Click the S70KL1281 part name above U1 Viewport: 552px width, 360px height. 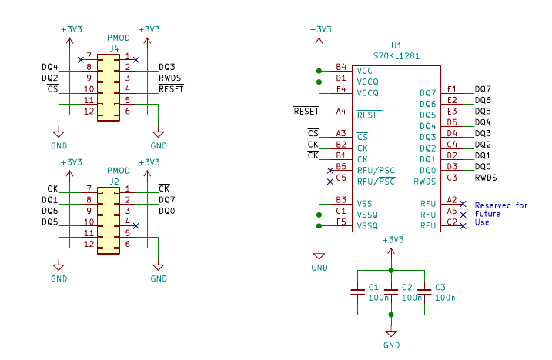point(396,56)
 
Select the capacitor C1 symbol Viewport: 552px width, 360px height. point(358,292)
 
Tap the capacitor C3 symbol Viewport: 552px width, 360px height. point(424,292)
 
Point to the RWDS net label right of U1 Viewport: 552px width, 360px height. point(486,178)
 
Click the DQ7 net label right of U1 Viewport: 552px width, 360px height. point(483,90)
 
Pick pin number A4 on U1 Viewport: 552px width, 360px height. point(341,112)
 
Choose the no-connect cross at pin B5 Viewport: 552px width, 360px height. point(330,170)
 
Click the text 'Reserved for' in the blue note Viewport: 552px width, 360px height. point(501,205)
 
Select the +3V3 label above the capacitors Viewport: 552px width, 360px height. point(391,240)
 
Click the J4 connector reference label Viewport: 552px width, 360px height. point(114,48)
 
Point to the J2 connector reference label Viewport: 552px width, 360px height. point(114,182)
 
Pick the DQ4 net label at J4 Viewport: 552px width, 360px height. point(49,67)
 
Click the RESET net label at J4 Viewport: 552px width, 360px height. point(170,89)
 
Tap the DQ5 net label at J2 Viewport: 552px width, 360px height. point(49,222)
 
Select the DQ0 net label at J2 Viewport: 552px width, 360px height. point(166,211)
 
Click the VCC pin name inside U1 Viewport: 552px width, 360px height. point(365,70)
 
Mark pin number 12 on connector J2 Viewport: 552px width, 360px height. point(89,244)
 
